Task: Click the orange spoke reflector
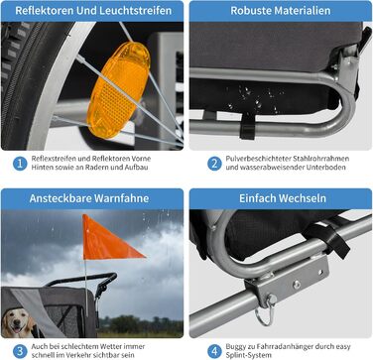(118, 89)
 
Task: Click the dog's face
(18, 322)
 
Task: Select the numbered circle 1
(20, 164)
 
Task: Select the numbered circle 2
(214, 164)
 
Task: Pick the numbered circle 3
(20, 351)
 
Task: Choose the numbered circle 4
(214, 351)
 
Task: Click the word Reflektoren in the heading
(45, 11)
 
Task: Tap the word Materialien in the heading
(301, 11)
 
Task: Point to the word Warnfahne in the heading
(121, 198)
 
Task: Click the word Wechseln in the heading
(302, 198)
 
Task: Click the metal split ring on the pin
(265, 315)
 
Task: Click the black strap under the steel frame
(248, 126)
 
